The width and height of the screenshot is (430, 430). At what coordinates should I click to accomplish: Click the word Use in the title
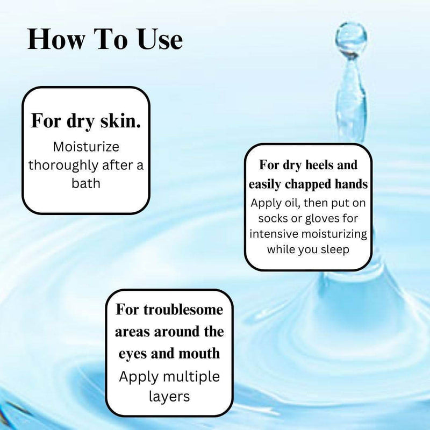pyautogui.click(x=160, y=39)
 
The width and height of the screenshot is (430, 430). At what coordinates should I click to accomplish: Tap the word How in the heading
pyautogui.click(x=56, y=39)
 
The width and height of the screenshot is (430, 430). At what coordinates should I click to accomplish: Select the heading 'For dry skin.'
pyautogui.click(x=86, y=121)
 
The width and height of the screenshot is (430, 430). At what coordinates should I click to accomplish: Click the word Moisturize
pyautogui.click(x=86, y=147)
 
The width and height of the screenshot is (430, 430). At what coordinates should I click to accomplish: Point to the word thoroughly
pyautogui.click(x=63, y=166)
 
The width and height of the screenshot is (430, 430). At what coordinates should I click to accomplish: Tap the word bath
pyautogui.click(x=86, y=183)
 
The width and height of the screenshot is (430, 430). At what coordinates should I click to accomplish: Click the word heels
pyautogui.click(x=318, y=164)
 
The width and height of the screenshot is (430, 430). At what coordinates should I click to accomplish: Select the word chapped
pyautogui.click(x=308, y=184)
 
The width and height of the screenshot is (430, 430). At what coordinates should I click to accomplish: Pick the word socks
pyautogui.click(x=274, y=219)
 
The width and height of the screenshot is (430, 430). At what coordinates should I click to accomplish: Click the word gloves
pyautogui.click(x=322, y=219)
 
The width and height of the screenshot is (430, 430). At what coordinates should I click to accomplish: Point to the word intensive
pyautogui.click(x=274, y=234)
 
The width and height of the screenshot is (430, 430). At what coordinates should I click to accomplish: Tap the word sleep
pyautogui.click(x=335, y=250)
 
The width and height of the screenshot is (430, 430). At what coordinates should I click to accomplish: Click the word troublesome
pyautogui.click(x=183, y=310)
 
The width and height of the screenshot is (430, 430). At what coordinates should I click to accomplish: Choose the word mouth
pyautogui.click(x=199, y=353)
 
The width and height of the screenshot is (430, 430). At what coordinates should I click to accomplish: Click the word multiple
pyautogui.click(x=192, y=377)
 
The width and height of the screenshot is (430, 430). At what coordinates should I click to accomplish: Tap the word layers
pyautogui.click(x=169, y=397)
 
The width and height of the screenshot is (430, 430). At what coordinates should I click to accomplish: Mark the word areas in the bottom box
pyautogui.click(x=133, y=332)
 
